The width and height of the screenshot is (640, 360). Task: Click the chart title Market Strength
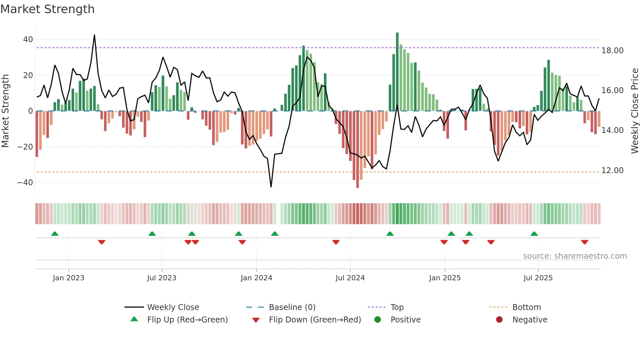(x=47, y=9)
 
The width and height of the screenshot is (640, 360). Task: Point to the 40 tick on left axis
(x=28, y=40)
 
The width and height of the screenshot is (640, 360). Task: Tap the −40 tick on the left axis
(x=25, y=183)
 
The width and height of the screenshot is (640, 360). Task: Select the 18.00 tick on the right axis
(x=612, y=51)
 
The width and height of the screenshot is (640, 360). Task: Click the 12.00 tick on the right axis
(x=612, y=171)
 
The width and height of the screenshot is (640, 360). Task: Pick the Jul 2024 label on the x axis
(x=350, y=278)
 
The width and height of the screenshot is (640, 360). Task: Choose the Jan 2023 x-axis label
(x=68, y=278)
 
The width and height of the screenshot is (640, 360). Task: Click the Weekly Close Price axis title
(x=634, y=111)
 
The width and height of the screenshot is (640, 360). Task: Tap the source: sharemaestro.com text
(x=575, y=256)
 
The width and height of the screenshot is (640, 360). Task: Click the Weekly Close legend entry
(x=173, y=307)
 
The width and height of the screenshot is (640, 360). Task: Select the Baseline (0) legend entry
(x=292, y=307)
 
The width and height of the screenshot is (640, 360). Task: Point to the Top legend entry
(x=397, y=307)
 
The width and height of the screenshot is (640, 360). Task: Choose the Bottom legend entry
(x=526, y=307)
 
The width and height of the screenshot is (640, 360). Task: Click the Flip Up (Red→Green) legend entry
(x=187, y=320)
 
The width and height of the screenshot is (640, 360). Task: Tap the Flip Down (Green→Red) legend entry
(x=314, y=320)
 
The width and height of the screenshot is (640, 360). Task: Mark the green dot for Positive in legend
(x=378, y=320)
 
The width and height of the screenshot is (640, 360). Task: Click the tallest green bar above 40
(x=397, y=72)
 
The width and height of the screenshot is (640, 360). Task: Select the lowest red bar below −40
(x=358, y=150)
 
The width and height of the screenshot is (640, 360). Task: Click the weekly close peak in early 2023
(x=94, y=35)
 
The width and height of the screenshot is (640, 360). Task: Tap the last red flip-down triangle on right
(x=584, y=242)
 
